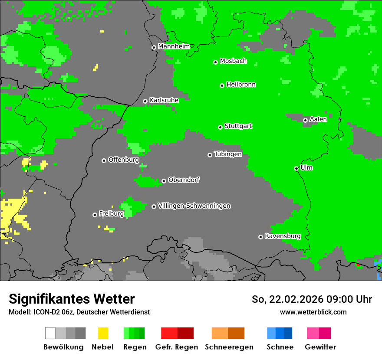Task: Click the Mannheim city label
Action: click(174, 46)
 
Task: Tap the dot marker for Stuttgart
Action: click(221, 127)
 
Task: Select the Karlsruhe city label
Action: click(164, 100)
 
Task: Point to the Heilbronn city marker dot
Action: click(222, 85)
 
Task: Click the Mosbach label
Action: click(233, 61)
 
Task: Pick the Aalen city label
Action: click(318, 119)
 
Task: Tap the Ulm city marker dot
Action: click(296, 168)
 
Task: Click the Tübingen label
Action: click(228, 154)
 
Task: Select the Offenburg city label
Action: click(124, 160)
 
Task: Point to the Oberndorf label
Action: click(184, 180)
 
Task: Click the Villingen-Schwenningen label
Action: click(194, 206)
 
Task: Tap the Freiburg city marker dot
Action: click(95, 215)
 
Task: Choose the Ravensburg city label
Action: click(283, 236)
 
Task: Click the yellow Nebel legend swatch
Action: click(103, 333)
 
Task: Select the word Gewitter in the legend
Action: click(320, 347)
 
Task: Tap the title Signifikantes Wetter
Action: click(72, 299)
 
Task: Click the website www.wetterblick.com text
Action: click(313, 312)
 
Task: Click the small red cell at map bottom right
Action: click(359, 265)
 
